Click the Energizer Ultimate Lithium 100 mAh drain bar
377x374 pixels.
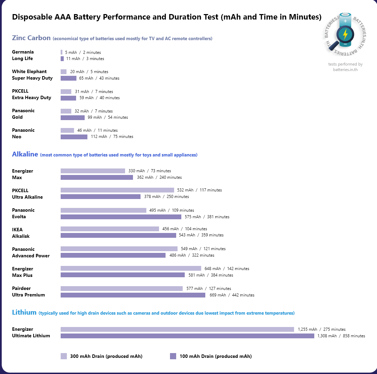point(187,336)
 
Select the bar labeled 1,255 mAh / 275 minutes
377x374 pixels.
point(177,329)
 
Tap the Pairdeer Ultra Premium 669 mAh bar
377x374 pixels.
point(133,295)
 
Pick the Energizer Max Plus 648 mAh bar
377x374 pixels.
point(131,268)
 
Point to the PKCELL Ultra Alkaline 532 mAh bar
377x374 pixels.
point(117,190)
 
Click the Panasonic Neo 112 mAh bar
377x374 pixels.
point(74,137)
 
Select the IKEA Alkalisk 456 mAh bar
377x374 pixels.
point(110,229)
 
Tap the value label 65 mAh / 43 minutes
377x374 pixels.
point(99,78)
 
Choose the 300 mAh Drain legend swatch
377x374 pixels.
point(64,356)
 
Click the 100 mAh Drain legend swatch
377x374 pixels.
point(173,356)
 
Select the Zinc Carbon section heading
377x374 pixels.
point(31,38)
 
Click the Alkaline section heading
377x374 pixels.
point(25,154)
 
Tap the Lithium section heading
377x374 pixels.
point(24,313)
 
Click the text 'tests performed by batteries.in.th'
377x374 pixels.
point(345,67)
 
